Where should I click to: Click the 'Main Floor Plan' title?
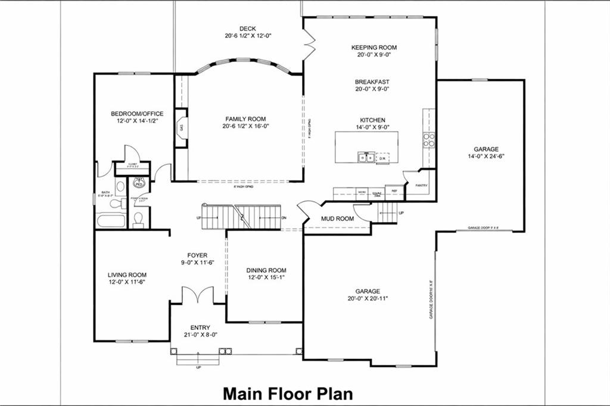click(x=288, y=393)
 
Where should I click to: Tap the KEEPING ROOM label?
click(x=374, y=47)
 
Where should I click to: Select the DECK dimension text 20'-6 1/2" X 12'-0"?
click(x=247, y=36)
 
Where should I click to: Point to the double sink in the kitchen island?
click(x=366, y=158)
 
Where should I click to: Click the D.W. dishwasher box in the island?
click(x=383, y=158)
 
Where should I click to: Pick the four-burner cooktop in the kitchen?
click(x=429, y=139)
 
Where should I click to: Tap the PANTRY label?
click(x=422, y=185)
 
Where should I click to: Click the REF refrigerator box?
click(x=394, y=192)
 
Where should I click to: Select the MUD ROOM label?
click(x=337, y=218)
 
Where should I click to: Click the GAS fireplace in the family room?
click(x=181, y=127)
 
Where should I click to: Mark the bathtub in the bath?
click(x=111, y=221)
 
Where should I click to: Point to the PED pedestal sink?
click(x=139, y=184)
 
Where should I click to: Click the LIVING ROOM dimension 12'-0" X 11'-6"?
click(x=127, y=282)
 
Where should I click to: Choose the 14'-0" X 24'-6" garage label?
click(x=486, y=157)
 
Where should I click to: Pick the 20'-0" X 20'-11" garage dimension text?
click(x=368, y=298)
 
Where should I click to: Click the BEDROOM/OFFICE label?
click(x=137, y=113)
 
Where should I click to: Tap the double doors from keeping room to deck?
click(x=308, y=46)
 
